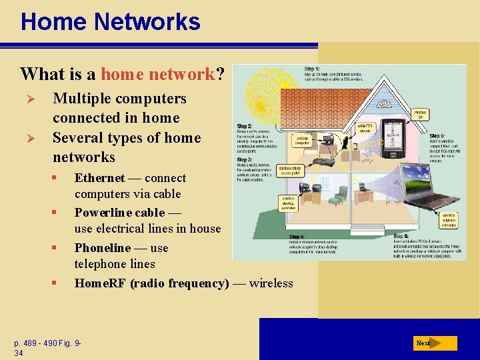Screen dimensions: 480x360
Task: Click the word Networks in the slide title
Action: click(x=147, y=21)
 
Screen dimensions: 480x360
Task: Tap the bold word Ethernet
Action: click(x=100, y=178)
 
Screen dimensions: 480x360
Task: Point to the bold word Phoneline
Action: click(x=103, y=248)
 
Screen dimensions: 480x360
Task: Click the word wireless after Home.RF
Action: click(x=271, y=283)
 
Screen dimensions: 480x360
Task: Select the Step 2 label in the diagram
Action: click(x=245, y=127)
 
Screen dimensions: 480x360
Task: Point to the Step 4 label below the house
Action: click(x=297, y=237)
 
